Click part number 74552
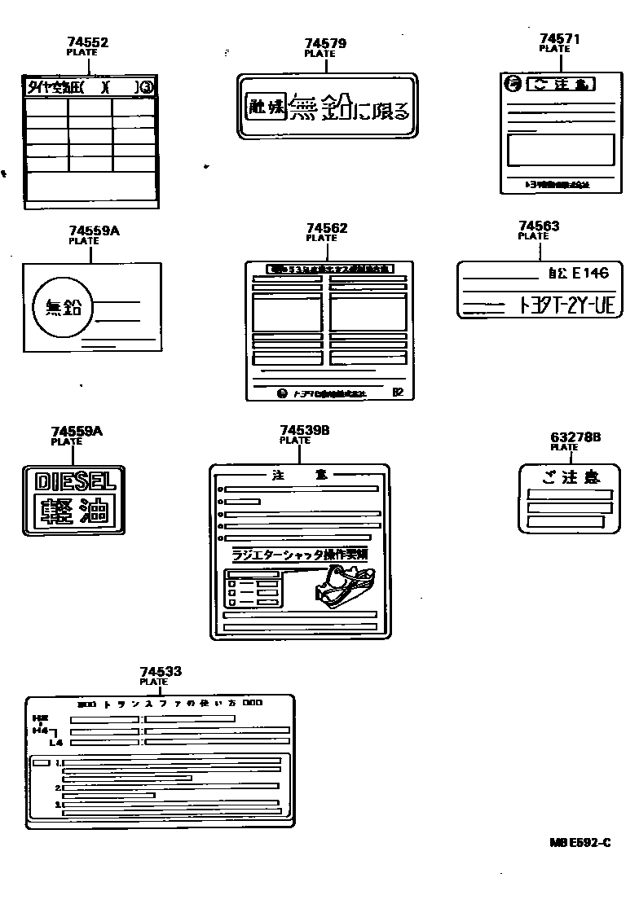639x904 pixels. [88, 42]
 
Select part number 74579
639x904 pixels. [325, 43]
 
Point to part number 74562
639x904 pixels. [327, 229]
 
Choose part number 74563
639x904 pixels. [539, 226]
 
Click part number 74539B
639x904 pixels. [304, 430]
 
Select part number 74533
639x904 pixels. [161, 672]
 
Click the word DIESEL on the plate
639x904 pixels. [74, 481]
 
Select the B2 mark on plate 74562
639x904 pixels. [398, 392]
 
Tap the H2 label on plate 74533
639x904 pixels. [37, 717]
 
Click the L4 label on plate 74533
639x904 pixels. [55, 743]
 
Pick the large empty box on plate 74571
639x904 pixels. [560, 150]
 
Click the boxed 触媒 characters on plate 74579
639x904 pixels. [262, 108]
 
